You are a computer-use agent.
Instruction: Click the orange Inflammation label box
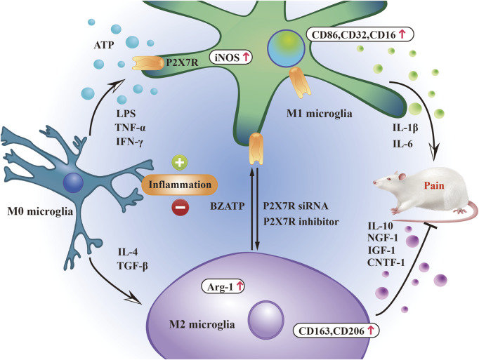click(180, 185)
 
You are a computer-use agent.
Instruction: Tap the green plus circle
click(180, 162)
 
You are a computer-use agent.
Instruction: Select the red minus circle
click(180, 208)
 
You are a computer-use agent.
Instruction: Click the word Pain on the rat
click(433, 185)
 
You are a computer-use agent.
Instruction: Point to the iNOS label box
click(230, 57)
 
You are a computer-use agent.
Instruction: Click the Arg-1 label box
click(223, 286)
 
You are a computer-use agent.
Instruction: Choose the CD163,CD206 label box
click(336, 331)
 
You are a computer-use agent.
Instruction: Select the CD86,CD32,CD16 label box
click(360, 34)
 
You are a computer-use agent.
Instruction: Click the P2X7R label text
click(182, 62)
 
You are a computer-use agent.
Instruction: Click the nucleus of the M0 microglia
click(73, 182)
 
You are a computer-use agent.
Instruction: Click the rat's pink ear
click(402, 177)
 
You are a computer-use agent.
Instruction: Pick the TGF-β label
click(133, 266)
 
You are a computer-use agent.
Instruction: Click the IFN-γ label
click(129, 142)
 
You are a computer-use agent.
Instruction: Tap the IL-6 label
click(402, 144)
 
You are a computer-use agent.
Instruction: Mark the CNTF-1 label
click(386, 262)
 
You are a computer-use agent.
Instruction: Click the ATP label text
click(104, 45)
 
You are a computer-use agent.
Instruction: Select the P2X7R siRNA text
click(296, 206)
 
